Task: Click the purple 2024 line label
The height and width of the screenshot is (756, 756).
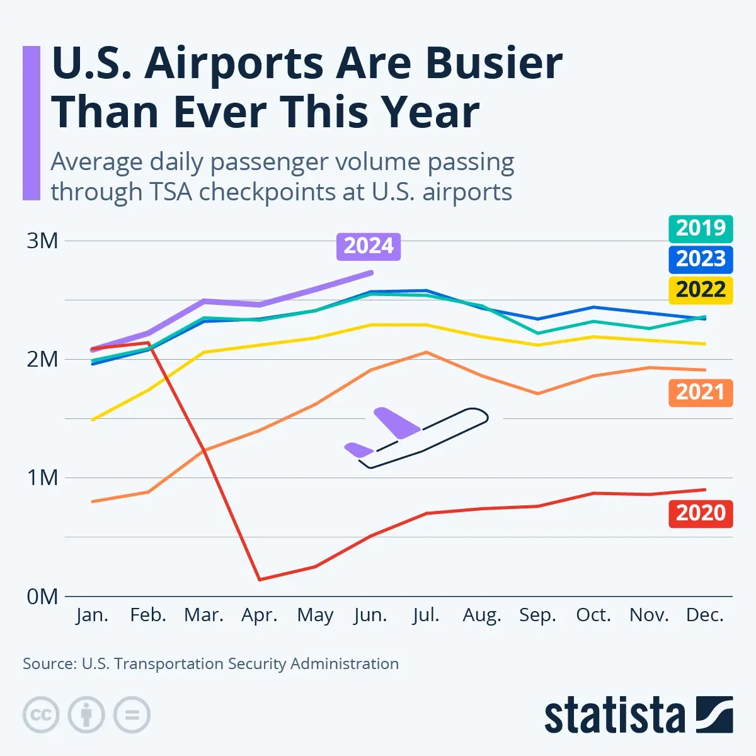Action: (x=369, y=246)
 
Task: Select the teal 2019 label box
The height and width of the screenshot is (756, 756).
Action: (x=701, y=227)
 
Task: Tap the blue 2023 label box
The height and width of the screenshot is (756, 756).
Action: (x=701, y=258)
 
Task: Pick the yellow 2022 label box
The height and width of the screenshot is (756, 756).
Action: (x=701, y=290)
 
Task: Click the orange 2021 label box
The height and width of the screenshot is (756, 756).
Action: (x=701, y=392)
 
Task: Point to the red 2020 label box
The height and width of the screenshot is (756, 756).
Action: (x=701, y=513)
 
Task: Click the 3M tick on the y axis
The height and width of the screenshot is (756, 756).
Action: (x=42, y=241)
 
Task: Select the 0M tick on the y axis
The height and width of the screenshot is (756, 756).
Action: (x=42, y=596)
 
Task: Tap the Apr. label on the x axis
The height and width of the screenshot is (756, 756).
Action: (x=260, y=615)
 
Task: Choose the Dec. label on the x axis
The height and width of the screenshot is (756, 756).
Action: (x=704, y=615)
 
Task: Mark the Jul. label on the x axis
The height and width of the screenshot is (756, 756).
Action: (x=426, y=615)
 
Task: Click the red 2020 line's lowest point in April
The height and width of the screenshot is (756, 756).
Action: (x=260, y=580)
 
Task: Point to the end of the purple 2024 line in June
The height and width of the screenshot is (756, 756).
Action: (x=371, y=273)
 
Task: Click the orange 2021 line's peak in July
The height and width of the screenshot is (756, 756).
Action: (x=427, y=352)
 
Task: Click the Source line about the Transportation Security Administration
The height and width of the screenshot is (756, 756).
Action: (x=210, y=663)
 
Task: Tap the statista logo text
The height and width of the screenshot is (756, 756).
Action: (x=614, y=716)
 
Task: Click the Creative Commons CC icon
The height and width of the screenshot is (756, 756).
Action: (x=41, y=715)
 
